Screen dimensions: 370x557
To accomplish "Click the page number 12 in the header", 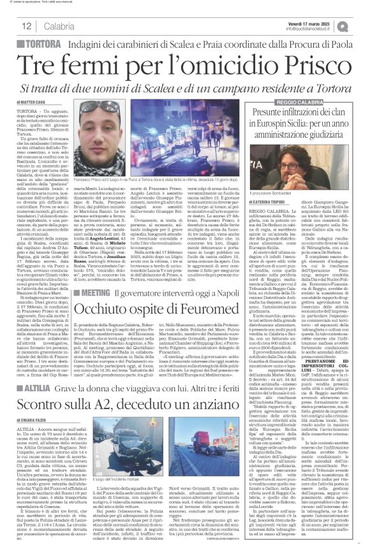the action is click(x=27, y=25).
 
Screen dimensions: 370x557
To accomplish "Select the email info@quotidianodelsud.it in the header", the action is click(x=312, y=27).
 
